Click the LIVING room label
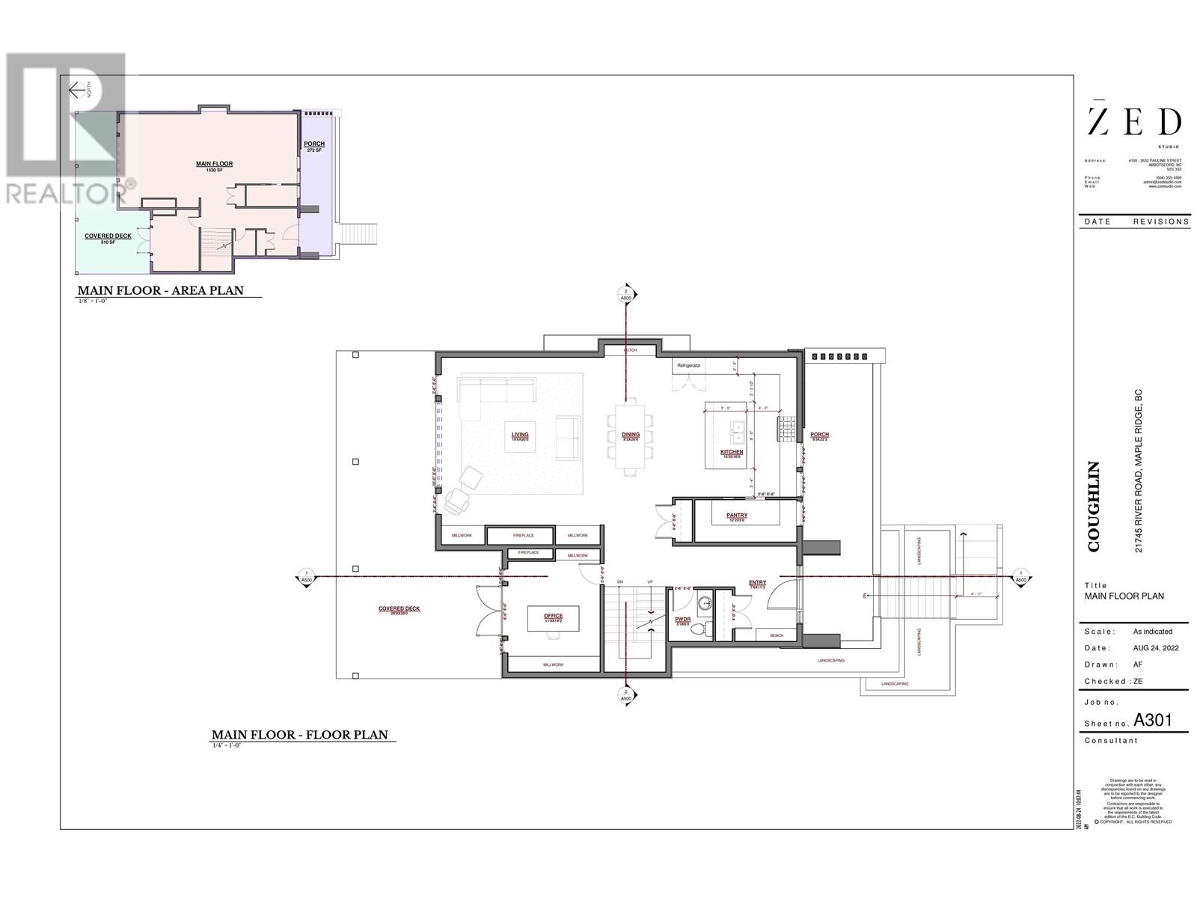[520, 435]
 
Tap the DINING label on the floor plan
[631, 435]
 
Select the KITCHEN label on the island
[732, 452]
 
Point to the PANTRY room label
[737, 516]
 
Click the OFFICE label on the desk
[553, 616]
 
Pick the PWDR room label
[682, 620]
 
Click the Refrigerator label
[688, 366]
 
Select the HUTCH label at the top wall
[631, 350]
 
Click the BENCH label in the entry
[777, 635]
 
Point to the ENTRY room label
[757, 583]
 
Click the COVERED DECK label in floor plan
[399, 609]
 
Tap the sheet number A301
[1152, 721]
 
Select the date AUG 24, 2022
[1156, 648]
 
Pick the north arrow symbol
[78, 91]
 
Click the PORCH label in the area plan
[313, 144]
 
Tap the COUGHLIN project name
[1094, 507]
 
